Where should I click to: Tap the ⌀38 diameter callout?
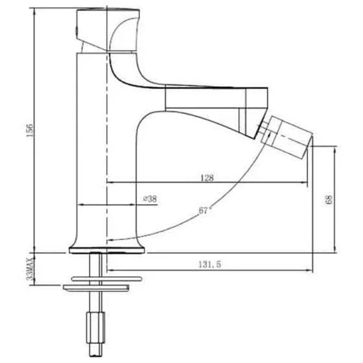[x=150, y=200]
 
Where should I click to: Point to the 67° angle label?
[x=205, y=209]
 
